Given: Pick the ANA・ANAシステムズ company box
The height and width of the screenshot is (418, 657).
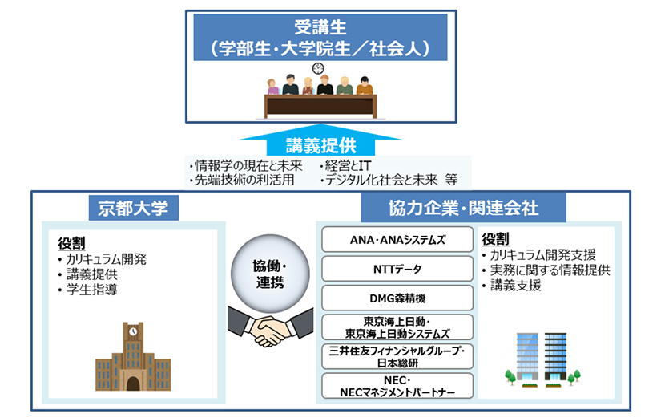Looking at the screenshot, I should pos(397,239).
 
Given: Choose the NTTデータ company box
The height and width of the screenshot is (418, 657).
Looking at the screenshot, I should pos(397,268).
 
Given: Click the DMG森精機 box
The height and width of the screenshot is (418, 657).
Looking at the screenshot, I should pos(397,298).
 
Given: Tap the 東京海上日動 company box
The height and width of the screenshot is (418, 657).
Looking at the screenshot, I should pos(397,327).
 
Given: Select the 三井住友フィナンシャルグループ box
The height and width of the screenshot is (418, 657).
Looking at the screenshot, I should pos(397,356).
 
